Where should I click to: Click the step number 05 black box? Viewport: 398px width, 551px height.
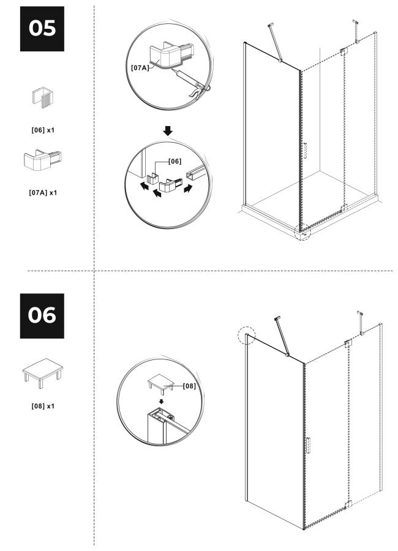point(42,28)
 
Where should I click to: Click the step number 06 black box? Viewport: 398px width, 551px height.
point(42,315)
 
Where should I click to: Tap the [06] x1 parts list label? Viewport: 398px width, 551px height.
point(43,130)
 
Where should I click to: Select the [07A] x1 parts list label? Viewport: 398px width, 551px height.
point(43,193)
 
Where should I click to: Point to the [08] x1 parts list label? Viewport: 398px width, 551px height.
point(43,406)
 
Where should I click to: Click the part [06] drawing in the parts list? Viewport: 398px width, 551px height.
point(43,97)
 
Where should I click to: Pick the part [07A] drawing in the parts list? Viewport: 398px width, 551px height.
point(42,160)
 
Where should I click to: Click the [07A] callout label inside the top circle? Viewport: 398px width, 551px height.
point(140,67)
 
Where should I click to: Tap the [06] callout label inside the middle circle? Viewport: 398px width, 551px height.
point(175,161)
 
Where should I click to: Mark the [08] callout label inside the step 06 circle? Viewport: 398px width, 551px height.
point(189,386)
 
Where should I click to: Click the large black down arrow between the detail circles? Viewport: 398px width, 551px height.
point(168,131)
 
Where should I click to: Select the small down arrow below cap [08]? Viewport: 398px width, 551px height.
point(162,401)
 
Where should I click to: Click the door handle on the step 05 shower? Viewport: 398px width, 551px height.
point(305,151)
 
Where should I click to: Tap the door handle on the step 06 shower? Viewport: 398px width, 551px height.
point(309,445)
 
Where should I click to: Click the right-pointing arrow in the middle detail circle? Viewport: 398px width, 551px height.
point(189,189)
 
